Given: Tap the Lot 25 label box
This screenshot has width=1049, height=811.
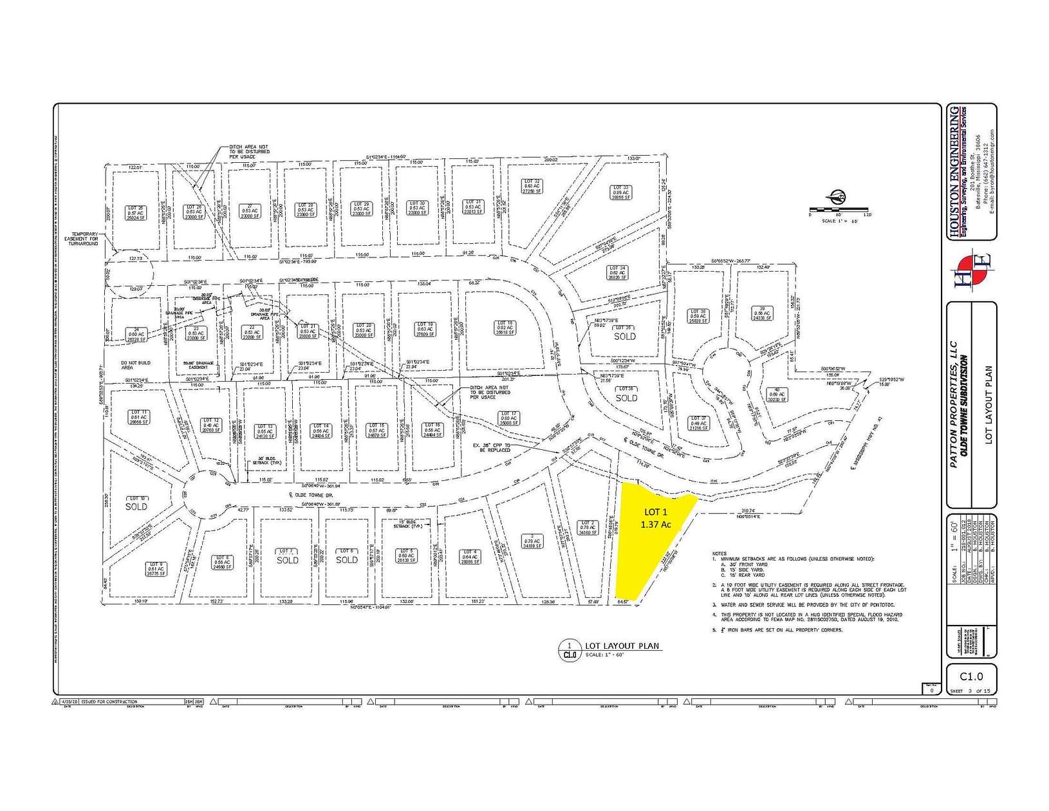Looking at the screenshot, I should (x=136, y=213).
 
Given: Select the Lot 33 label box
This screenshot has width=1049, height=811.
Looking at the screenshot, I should (x=620, y=192).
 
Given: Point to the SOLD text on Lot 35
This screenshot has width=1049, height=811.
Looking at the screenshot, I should (x=624, y=337).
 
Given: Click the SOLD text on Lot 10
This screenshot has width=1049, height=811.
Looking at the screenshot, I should (x=136, y=507).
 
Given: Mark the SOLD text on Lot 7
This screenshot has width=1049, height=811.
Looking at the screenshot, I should (x=287, y=560).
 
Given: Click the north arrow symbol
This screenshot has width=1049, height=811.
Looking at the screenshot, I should (x=837, y=197).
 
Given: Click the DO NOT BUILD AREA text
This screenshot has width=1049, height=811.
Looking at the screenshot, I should (x=136, y=365).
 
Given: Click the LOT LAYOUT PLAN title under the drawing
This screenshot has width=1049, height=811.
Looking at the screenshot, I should (x=622, y=646).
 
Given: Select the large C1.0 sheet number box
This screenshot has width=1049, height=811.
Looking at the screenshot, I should (x=971, y=676).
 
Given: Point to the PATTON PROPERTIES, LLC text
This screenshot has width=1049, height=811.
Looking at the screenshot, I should (x=954, y=404).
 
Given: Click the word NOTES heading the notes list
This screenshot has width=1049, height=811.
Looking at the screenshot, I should (x=719, y=554).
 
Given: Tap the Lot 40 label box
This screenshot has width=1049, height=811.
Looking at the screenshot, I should (x=777, y=395).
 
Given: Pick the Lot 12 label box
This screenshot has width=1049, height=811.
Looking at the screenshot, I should (x=211, y=425).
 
